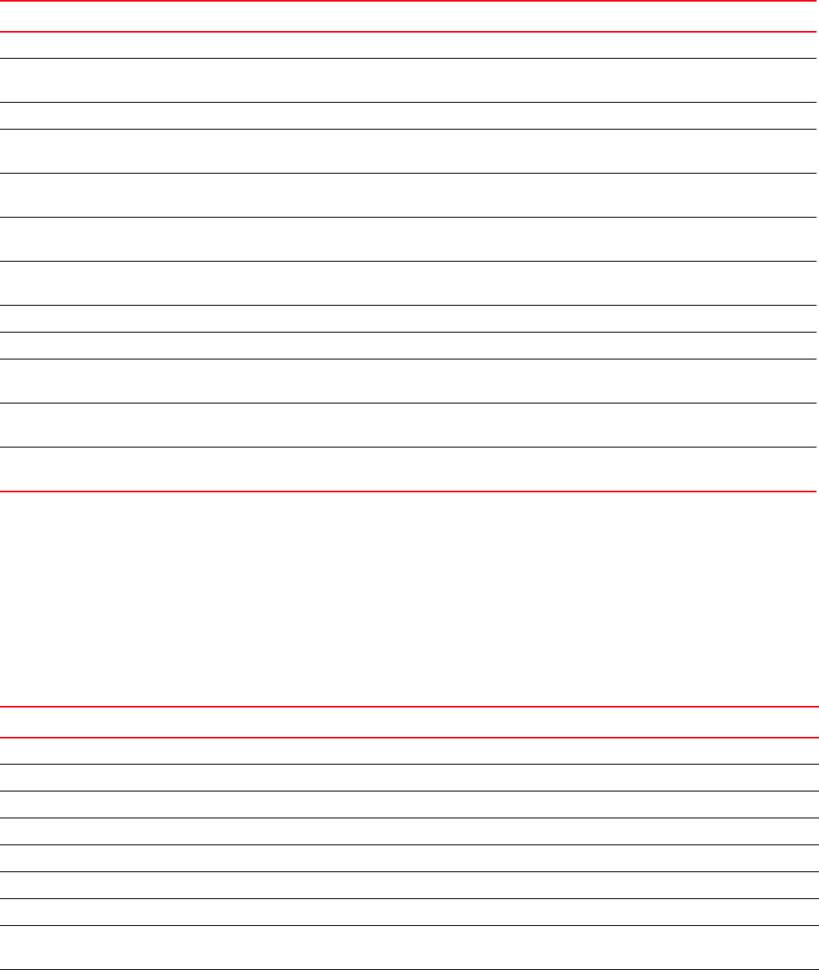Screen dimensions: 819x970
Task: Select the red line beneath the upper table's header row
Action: pos(408,32)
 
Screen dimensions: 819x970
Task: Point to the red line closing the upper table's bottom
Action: pos(408,492)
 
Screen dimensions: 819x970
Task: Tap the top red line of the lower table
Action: pos(408,706)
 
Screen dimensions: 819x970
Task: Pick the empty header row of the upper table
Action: pos(408,16)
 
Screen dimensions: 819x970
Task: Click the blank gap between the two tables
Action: pos(408,599)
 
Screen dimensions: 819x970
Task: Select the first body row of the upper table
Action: pos(408,45)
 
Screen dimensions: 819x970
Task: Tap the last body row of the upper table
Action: pos(408,469)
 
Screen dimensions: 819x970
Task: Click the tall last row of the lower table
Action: pos(408,947)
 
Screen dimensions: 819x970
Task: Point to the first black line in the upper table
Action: pos(408,58)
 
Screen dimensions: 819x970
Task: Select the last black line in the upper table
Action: pos(408,447)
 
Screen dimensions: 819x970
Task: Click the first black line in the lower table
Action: pos(408,764)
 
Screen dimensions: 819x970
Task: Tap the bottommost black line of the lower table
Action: pos(408,968)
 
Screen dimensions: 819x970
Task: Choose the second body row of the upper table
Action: pos(408,80)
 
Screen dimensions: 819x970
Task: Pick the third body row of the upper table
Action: pos(408,115)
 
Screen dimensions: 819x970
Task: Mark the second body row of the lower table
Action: pos(408,778)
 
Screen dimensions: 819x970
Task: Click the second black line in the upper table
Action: pos(408,102)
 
